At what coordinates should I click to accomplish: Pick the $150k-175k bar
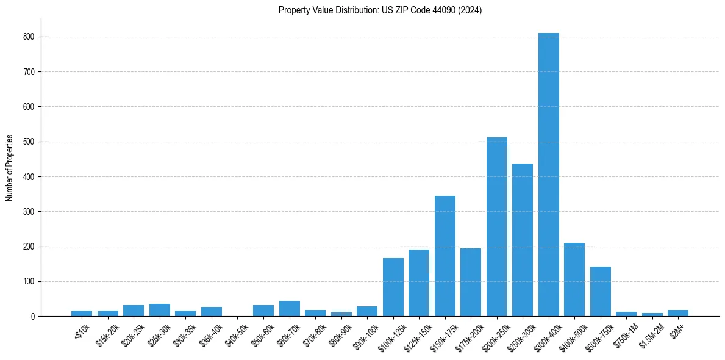coord(445,256)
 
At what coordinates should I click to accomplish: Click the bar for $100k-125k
coord(393,287)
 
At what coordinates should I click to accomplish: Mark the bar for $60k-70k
coord(289,309)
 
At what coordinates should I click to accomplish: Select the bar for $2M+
coord(678,313)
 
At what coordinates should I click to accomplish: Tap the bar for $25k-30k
coord(159,310)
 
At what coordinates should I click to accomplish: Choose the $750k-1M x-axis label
coord(626,333)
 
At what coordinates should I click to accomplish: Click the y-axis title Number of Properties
coord(10,168)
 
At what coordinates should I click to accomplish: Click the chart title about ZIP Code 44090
coord(380,10)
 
